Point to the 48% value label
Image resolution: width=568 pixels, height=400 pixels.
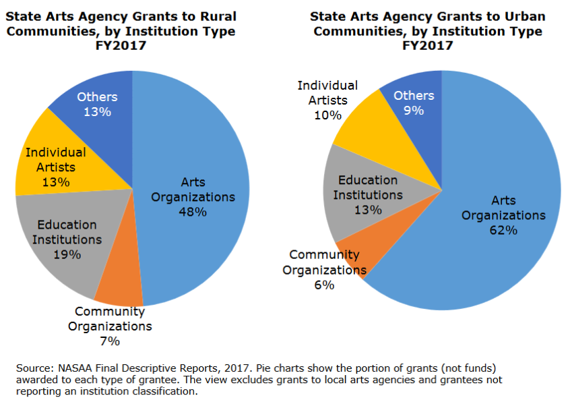click(193, 212)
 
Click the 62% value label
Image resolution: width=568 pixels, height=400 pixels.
click(503, 230)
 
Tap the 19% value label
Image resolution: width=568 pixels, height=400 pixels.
click(67, 254)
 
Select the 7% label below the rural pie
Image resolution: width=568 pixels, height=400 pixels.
click(110, 341)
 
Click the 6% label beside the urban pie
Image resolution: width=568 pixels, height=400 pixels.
click(324, 285)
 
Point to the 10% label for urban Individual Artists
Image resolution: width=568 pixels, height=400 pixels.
click(328, 115)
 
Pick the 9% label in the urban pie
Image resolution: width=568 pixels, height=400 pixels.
click(414, 110)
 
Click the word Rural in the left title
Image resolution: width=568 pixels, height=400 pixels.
click(218, 17)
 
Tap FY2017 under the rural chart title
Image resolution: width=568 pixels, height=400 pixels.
click(121, 46)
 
